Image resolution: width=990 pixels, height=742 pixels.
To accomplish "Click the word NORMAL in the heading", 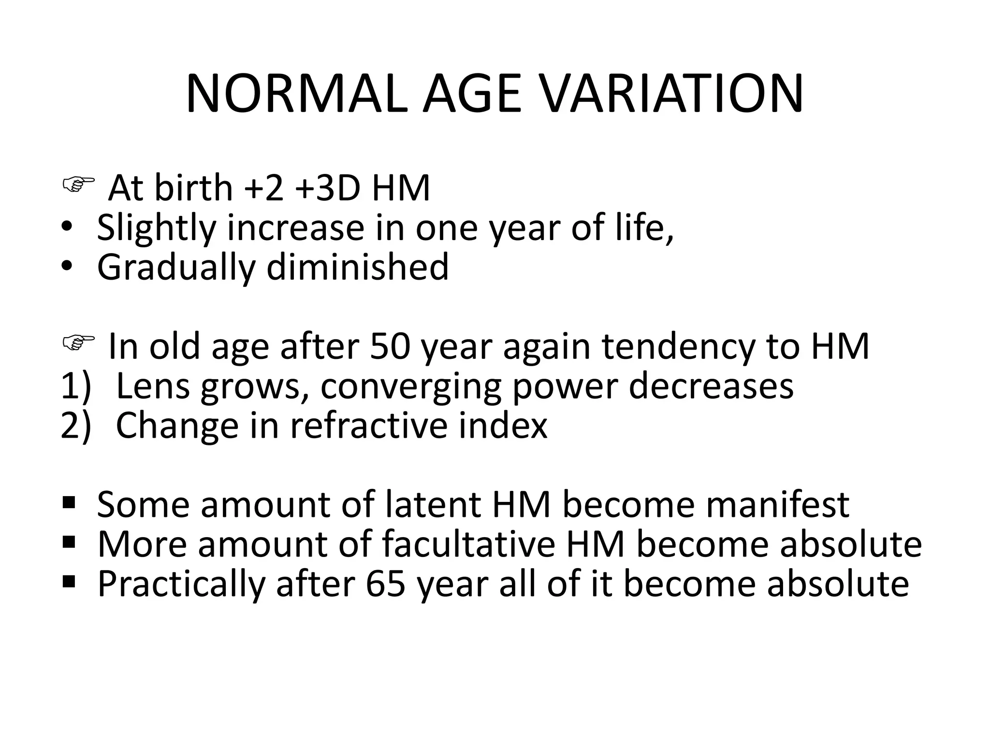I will [294, 94].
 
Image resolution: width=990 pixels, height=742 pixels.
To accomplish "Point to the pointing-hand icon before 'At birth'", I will [78, 185].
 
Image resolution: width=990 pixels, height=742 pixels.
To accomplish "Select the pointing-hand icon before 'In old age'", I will [78, 343].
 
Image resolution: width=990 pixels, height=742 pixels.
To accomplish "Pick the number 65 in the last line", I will [385, 584].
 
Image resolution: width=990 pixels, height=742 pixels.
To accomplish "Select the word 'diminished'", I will [357, 267].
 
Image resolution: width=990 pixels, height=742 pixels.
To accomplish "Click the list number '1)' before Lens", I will [76, 386].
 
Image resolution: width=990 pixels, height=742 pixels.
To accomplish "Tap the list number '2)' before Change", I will [76, 426].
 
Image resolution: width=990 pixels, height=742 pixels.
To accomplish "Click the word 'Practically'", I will [181, 585].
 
